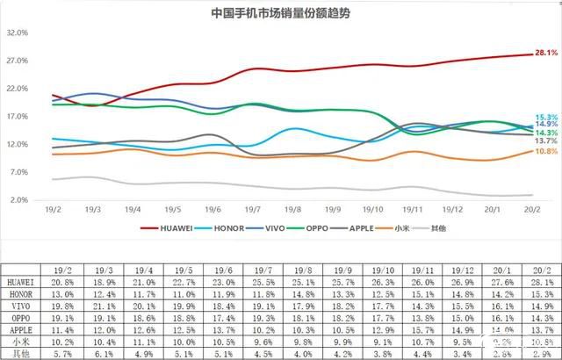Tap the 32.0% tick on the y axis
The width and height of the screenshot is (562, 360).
pyautogui.click(x=18, y=32)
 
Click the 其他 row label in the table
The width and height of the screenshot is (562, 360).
pyautogui.click(x=24, y=353)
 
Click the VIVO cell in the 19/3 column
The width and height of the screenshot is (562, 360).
pyautogui.click(x=103, y=306)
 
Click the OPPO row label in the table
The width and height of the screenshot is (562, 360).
pyautogui.click(x=24, y=318)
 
